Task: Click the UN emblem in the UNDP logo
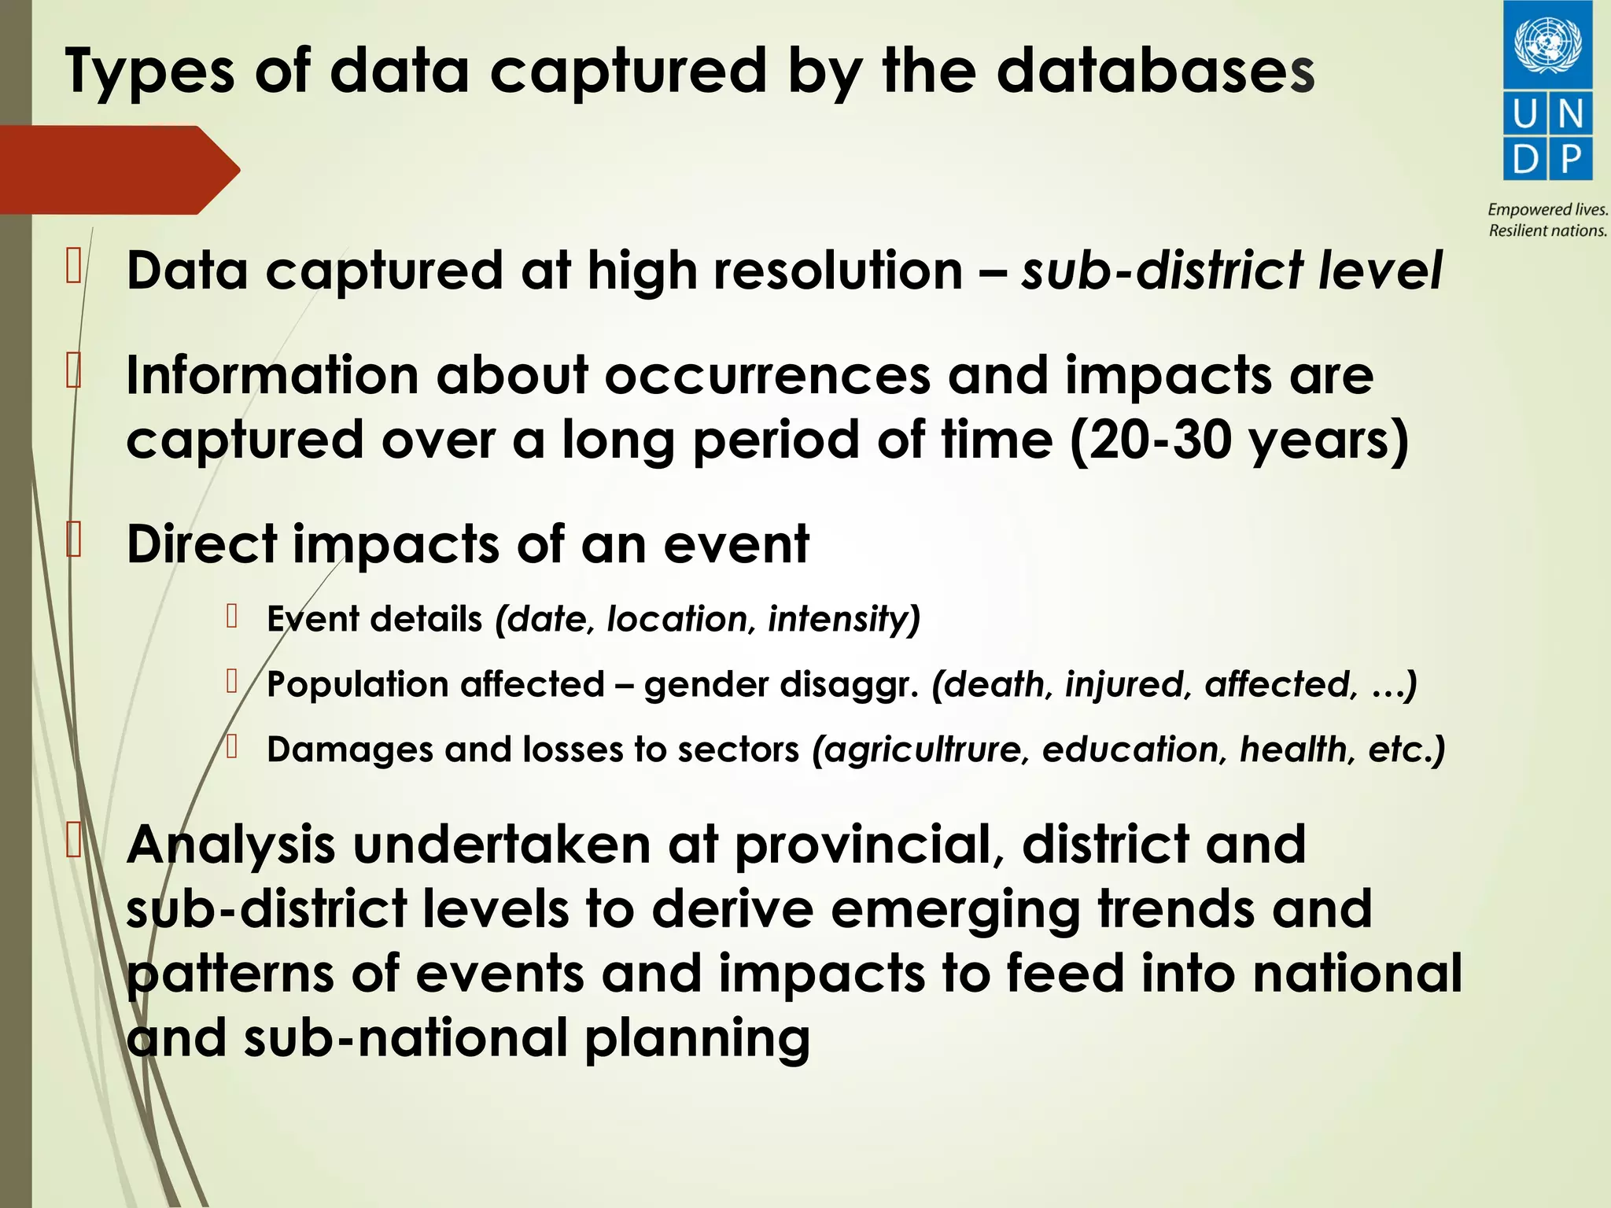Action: [1547, 46]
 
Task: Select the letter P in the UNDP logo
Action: [1570, 159]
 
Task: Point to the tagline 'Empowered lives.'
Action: [1547, 210]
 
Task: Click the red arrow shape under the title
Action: [118, 169]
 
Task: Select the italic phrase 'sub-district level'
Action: [1231, 271]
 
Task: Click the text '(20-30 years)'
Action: [1239, 440]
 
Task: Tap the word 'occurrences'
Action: [767, 375]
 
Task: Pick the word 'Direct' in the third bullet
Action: [202, 544]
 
